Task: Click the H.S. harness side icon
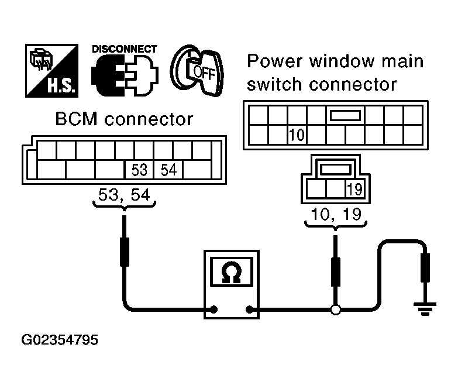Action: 51,71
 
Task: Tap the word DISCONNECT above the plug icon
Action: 125,49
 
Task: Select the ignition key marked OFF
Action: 197,71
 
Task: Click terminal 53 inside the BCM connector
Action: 139,170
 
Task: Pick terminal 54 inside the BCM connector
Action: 168,170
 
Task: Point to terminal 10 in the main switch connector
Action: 297,135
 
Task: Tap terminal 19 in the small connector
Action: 355,189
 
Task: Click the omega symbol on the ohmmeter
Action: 232,273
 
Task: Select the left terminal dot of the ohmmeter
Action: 214,309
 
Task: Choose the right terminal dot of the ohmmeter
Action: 249,309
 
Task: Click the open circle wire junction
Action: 336,309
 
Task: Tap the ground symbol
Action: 425,309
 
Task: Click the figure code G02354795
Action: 60,340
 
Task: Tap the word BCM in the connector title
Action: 76,119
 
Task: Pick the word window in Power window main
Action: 342,61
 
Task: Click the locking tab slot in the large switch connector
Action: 345,115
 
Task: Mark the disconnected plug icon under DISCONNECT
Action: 125,75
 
